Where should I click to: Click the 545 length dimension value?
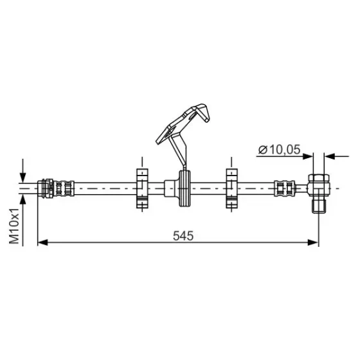coord(183,235)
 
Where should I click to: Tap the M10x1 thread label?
coord(14,226)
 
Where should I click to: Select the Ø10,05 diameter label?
coord(279,150)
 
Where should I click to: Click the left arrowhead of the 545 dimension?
coord(42,242)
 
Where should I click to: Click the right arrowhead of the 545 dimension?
coord(313,242)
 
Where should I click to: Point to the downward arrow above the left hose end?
coord(22,170)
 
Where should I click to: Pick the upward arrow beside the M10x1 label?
coord(22,221)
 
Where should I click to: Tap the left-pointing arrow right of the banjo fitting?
coord(337,156)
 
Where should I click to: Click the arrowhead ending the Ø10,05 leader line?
coord(308,156)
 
